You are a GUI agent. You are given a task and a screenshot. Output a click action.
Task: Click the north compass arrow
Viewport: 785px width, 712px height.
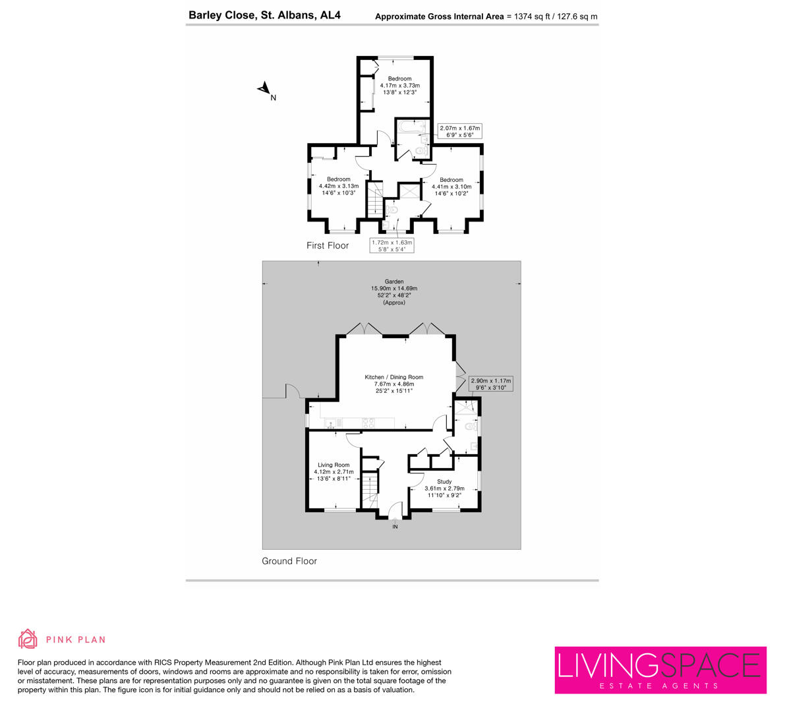coord(264,88)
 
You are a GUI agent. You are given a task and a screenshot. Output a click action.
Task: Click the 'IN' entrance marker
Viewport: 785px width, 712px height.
coord(395,527)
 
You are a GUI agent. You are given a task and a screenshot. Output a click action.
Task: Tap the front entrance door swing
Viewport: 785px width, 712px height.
coord(395,510)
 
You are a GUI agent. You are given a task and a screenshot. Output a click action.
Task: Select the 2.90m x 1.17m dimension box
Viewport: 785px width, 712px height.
coord(490,384)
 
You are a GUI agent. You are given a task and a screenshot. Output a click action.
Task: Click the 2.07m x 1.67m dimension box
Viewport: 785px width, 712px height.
coord(460,131)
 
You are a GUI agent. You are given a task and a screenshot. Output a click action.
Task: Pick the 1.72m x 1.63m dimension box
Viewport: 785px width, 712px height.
coord(392,245)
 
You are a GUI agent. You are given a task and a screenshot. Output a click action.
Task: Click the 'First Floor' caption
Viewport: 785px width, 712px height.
coord(328,245)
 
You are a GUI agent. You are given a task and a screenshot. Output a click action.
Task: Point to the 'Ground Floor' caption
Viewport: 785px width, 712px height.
coord(289,561)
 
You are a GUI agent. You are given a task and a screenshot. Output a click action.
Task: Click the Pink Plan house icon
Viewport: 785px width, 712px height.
coord(28,639)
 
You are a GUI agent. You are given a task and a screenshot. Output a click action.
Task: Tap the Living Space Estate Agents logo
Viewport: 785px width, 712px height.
coord(660,670)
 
